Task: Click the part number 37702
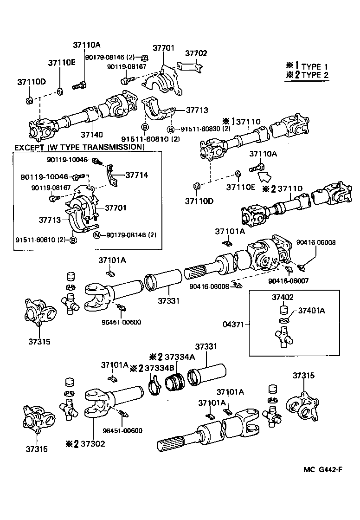[x=196, y=53]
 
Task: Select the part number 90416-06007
[x=288, y=280]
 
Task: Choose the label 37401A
[x=311, y=311]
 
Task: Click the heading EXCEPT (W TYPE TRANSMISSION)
[x=79, y=147]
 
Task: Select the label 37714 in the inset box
[x=136, y=175]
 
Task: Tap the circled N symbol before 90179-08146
[x=97, y=235]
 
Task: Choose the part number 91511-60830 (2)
[x=203, y=129]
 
